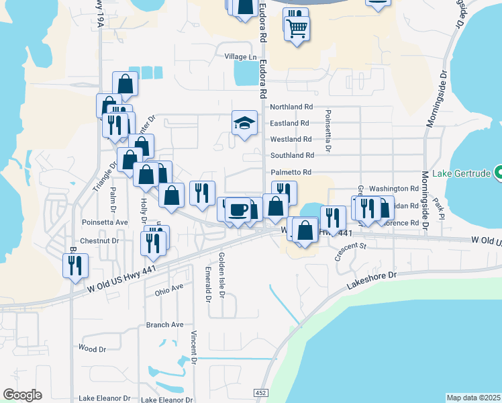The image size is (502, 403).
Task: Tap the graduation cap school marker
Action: pyautogui.click(x=244, y=123)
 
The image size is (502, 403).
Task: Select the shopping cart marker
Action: pyautogui.click(x=297, y=28)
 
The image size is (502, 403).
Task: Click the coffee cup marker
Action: pyautogui.click(x=238, y=210)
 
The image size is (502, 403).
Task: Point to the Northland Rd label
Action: pyautogui.click(x=291, y=107)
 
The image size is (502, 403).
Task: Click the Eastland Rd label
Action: pyautogui.click(x=289, y=124)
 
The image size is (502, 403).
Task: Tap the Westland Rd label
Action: pyautogui.click(x=291, y=140)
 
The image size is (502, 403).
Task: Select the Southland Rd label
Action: pyautogui.click(x=291, y=156)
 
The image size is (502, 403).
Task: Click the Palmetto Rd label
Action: pyautogui.click(x=291, y=173)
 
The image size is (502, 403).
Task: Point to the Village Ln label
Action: pyautogui.click(x=241, y=57)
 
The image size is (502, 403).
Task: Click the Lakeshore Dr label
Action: pyautogui.click(x=372, y=280)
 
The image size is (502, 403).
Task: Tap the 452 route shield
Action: pyautogui.click(x=261, y=392)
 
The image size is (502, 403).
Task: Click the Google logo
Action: pyautogui.click(x=22, y=395)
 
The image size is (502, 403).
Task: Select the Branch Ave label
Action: pyautogui.click(x=164, y=325)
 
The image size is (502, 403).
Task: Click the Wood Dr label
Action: pyautogui.click(x=93, y=349)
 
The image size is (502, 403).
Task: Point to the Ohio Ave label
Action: pyautogui.click(x=168, y=289)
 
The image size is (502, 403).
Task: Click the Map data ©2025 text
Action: pyautogui.click(x=473, y=398)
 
